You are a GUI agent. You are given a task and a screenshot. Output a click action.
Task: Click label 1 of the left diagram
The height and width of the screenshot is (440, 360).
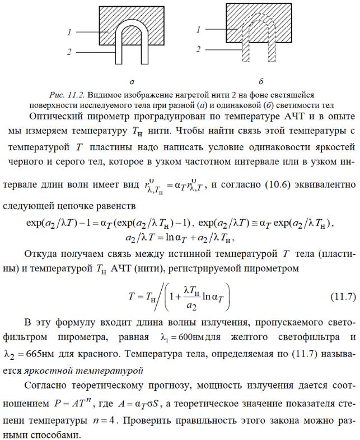pos(69,33)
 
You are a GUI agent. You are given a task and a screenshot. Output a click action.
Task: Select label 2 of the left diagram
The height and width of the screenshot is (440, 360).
pos(69,52)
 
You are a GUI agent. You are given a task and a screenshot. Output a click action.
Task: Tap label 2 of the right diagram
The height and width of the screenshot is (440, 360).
pos(198,50)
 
